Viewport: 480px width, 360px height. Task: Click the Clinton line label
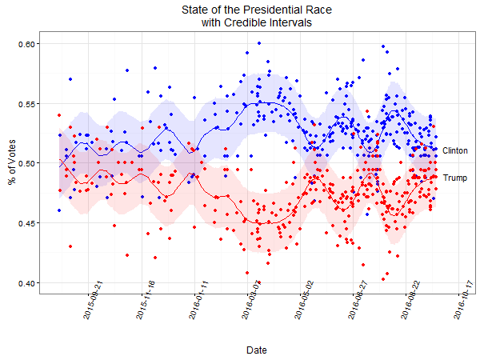454,150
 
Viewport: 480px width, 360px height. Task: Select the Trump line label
454,178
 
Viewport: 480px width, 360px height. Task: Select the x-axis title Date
257,350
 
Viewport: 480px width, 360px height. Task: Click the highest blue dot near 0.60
260,43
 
